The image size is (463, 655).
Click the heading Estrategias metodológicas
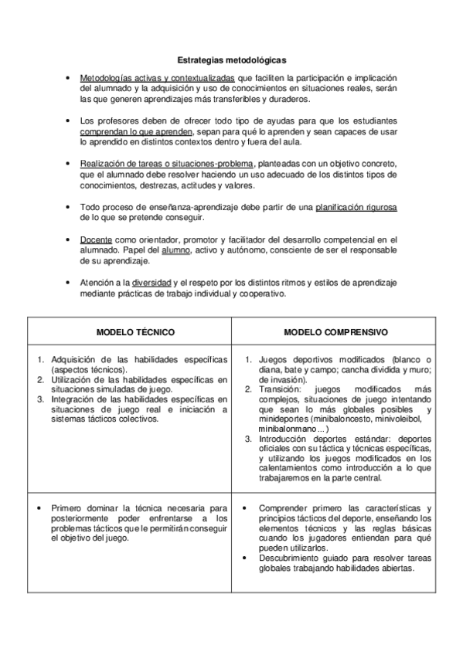click(231, 59)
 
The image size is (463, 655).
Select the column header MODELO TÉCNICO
click(135, 331)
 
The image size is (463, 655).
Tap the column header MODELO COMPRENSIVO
click(335, 331)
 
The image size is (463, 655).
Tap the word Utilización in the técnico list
click(75, 379)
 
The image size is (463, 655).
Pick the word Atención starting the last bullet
click(97, 283)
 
